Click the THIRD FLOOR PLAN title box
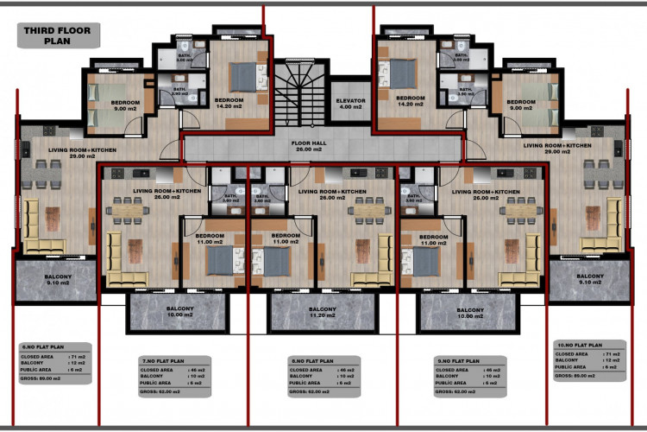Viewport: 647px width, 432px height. tap(59, 35)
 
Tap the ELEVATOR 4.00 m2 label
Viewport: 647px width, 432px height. tap(350, 104)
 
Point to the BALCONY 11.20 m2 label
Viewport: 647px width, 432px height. tap(322, 313)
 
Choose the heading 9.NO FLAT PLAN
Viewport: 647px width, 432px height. tap(457, 359)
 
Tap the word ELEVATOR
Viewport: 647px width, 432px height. tap(350, 100)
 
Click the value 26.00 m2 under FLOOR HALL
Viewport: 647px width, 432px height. tap(306, 149)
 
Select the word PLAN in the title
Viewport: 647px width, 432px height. tap(59, 41)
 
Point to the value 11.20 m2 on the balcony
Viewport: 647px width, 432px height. tap(322, 316)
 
